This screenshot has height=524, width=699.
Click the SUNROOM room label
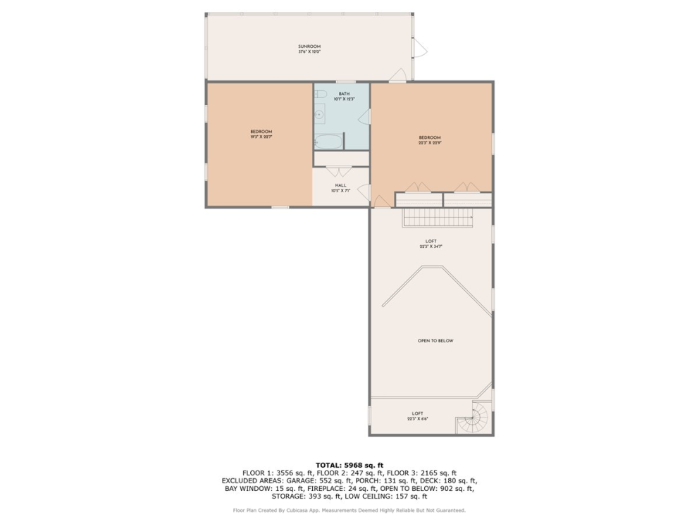tap(309, 46)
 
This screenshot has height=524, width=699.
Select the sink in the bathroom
tap(319, 113)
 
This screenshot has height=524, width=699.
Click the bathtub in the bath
tap(328, 142)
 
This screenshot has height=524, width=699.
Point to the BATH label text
tap(343, 94)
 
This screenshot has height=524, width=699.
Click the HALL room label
tap(340, 185)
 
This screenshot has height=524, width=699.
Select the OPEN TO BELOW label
tap(435, 341)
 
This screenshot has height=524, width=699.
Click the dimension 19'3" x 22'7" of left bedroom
tap(261, 137)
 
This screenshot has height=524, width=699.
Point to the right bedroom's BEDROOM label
tap(430, 137)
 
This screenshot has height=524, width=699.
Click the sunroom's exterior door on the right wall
tap(419, 48)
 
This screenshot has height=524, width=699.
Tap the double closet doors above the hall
tap(341, 171)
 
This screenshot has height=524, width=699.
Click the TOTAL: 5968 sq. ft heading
tap(349, 465)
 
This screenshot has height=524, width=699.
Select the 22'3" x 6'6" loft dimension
tap(417, 419)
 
